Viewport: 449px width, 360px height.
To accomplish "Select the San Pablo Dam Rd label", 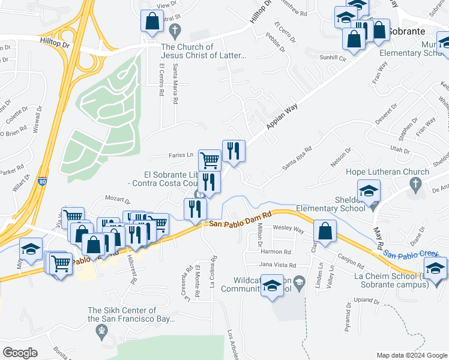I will [x=241, y=218].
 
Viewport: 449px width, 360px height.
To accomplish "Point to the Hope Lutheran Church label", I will [x=387, y=172].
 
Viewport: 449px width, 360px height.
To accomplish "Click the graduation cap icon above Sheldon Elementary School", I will [x=369, y=191].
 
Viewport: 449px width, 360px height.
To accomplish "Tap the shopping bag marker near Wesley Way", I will [x=325, y=232].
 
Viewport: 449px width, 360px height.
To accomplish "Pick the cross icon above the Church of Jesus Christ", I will [x=175, y=30].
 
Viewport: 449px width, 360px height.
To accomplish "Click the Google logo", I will [x=19, y=352].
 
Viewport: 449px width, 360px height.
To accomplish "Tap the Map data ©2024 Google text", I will [x=411, y=355].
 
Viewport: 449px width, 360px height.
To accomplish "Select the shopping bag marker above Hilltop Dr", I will [x=152, y=21].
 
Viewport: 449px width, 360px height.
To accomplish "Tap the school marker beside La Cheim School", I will [x=435, y=268].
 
